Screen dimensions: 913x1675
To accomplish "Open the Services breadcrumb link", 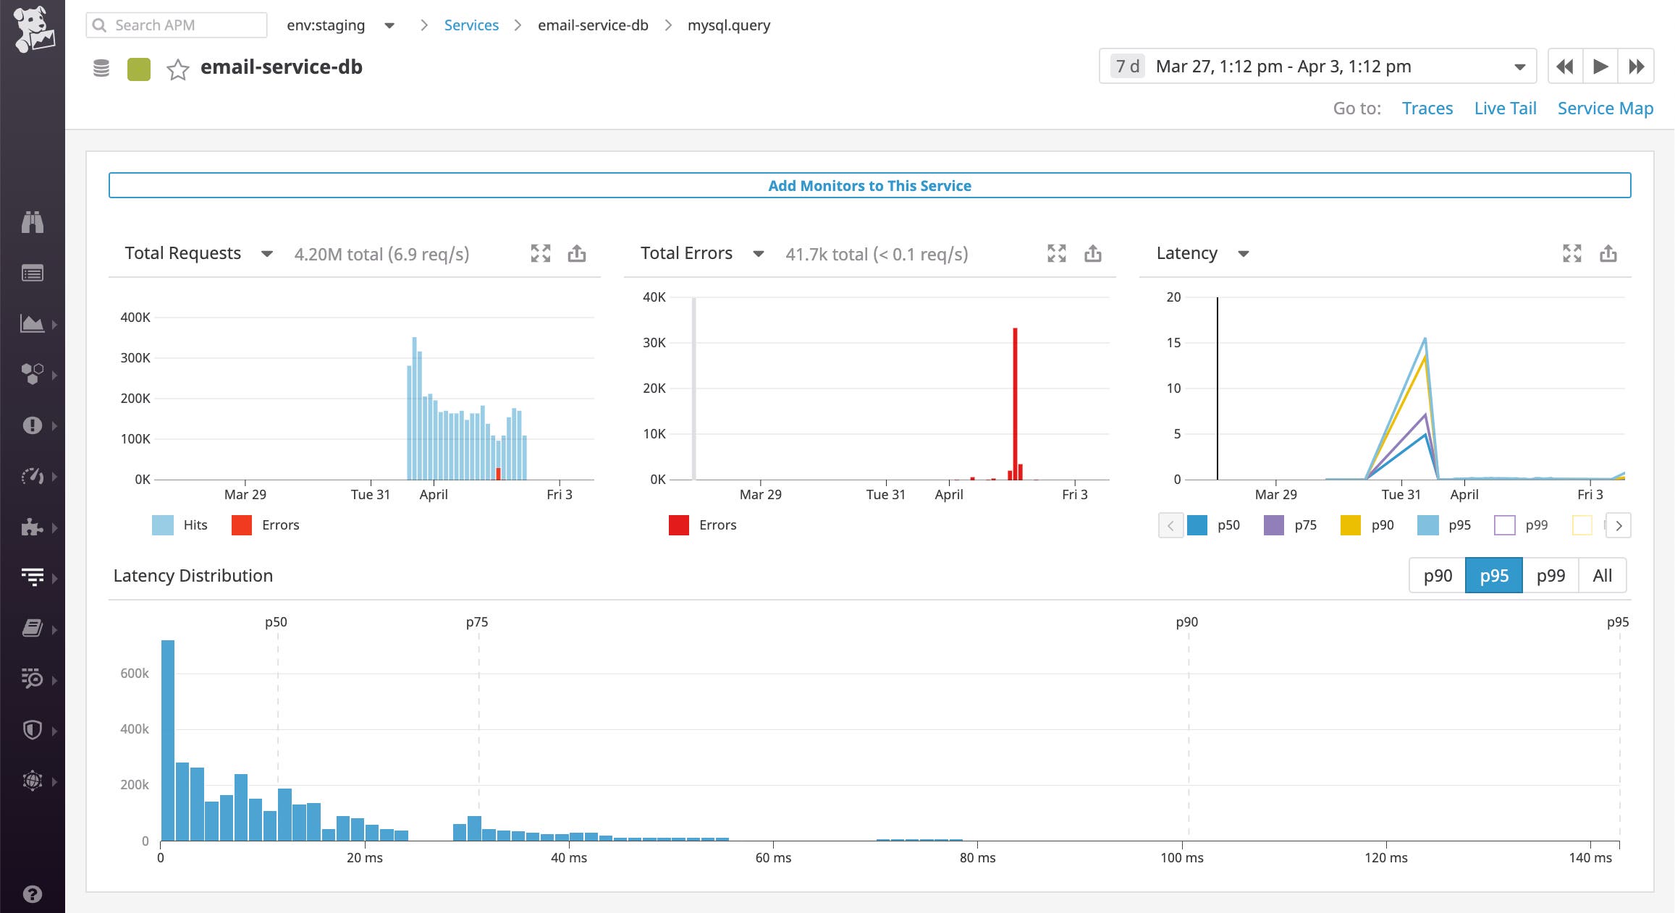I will click(x=471, y=25).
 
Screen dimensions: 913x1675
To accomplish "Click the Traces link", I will click(x=1427, y=109).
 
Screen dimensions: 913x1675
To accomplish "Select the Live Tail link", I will click(x=1505, y=109).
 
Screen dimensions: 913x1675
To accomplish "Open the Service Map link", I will click(x=1605, y=109).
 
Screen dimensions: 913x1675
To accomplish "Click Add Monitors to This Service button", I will click(x=869, y=185).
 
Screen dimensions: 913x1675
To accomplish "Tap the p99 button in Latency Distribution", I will click(x=1550, y=576).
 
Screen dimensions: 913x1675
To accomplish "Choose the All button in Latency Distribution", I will click(x=1602, y=576).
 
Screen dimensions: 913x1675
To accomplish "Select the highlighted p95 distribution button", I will click(x=1493, y=576).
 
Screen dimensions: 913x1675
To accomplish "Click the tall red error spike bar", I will click(x=1015, y=402).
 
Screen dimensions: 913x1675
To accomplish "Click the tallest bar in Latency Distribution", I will click(x=167, y=738).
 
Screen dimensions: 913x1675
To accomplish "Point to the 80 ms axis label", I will click(x=977, y=858).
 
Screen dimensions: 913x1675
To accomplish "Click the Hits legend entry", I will click(x=181, y=525).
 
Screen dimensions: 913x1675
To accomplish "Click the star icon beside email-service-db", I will click(x=177, y=69).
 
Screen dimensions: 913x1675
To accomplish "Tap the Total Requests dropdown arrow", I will click(x=266, y=254).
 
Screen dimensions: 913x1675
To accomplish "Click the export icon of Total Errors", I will click(x=1092, y=253).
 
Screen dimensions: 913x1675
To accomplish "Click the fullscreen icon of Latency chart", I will click(x=1571, y=253).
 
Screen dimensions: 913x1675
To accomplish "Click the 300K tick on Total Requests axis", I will click(x=135, y=358).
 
